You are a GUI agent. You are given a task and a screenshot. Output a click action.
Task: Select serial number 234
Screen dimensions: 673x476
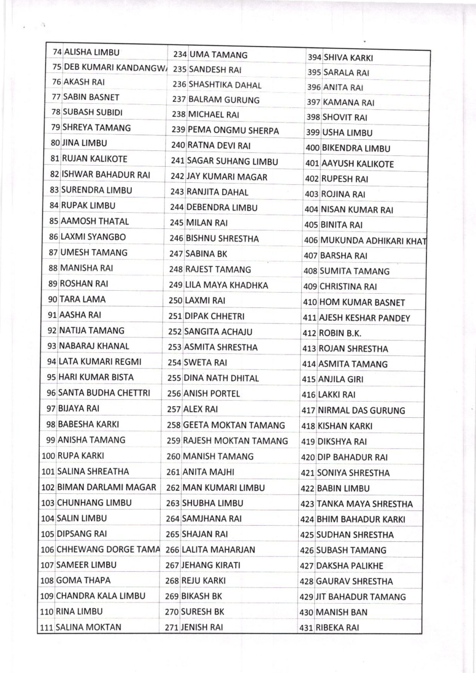[x=180, y=55]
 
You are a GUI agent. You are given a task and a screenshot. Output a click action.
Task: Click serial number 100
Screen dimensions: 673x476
[x=49, y=456]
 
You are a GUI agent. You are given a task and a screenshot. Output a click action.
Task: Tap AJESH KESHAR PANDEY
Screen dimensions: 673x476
[x=364, y=318]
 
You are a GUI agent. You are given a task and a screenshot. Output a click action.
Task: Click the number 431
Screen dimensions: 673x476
[x=306, y=628]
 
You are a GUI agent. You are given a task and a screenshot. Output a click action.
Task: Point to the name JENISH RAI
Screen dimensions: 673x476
[x=202, y=627]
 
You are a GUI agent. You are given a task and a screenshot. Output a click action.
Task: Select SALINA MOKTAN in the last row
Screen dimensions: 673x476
[x=88, y=627]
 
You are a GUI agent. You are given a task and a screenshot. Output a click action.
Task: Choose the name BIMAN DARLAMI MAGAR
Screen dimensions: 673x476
[x=106, y=487]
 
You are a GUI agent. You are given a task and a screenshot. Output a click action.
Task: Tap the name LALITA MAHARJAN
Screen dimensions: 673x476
[x=218, y=550]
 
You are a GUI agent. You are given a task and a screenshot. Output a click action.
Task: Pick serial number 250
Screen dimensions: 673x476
[x=175, y=301]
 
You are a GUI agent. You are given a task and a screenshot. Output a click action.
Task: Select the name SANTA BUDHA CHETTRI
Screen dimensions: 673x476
[x=104, y=393]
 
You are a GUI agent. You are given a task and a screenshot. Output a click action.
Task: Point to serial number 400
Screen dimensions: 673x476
[x=312, y=149]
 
